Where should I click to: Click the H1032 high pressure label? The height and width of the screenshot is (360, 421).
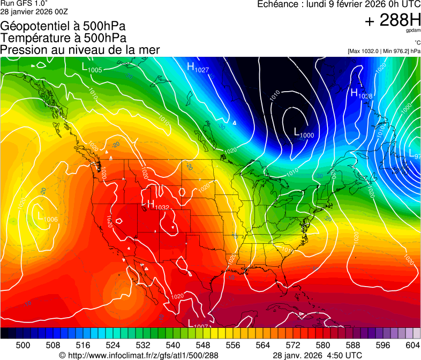click(x=158, y=205)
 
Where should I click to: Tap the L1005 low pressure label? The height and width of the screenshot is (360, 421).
click(x=92, y=67)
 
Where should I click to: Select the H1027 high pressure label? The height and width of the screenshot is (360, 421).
click(x=198, y=67)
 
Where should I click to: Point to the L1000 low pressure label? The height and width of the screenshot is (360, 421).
click(x=304, y=133)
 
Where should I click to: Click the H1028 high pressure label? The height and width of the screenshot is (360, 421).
click(x=362, y=94)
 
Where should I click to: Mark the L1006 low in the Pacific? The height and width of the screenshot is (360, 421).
click(x=47, y=216)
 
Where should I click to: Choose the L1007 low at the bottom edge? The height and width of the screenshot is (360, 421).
click(x=198, y=324)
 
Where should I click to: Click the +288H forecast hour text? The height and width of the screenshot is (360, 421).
click(x=392, y=21)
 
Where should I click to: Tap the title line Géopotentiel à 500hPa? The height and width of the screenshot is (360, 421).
click(x=63, y=26)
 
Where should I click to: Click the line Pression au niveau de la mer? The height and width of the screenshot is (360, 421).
click(x=80, y=50)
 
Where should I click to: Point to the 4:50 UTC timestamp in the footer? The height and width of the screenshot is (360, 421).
click(x=340, y=355)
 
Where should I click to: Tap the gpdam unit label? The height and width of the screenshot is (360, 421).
click(x=412, y=32)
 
